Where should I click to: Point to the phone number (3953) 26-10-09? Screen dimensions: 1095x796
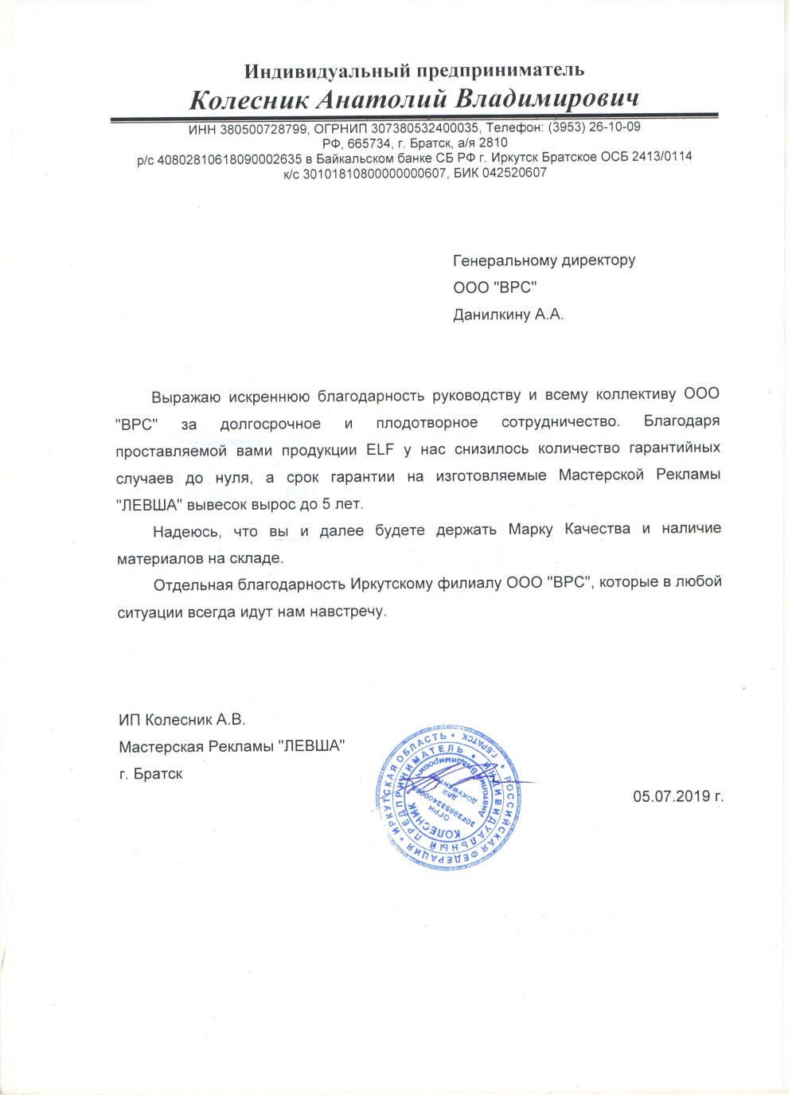(594, 127)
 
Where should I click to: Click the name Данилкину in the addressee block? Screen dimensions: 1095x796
(490, 315)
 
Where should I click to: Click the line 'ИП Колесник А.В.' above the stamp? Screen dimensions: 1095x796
(182, 720)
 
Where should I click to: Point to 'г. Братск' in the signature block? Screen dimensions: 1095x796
(150, 773)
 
